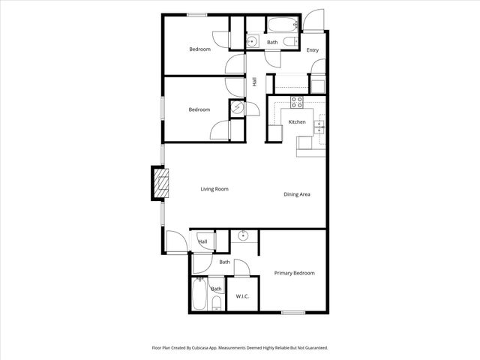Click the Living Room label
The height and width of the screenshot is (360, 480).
pyautogui.click(x=214, y=189)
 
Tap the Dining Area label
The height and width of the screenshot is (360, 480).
pyautogui.click(x=297, y=194)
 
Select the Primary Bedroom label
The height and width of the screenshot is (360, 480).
pyautogui.click(x=294, y=273)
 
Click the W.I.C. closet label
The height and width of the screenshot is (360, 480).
pyautogui.click(x=242, y=296)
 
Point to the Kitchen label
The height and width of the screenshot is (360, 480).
pyautogui.click(x=297, y=122)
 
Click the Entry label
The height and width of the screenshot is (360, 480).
pyautogui.click(x=313, y=51)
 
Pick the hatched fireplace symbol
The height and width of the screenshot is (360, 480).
pyautogui.click(x=160, y=183)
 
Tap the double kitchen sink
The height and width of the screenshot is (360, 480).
pyautogui.click(x=319, y=126)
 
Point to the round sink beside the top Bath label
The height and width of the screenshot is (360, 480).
pyautogui.click(x=253, y=41)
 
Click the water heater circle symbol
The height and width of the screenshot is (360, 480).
pyautogui.click(x=238, y=108)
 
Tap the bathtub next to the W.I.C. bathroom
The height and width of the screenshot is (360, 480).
pyautogui.click(x=199, y=295)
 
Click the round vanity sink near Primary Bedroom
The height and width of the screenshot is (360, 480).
pyautogui.click(x=243, y=236)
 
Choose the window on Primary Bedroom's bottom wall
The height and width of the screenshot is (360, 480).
pyautogui.click(x=293, y=313)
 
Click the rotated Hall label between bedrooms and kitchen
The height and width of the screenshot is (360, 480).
pyautogui.click(x=255, y=82)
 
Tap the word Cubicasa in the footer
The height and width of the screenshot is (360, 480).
pyautogui.click(x=205, y=348)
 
